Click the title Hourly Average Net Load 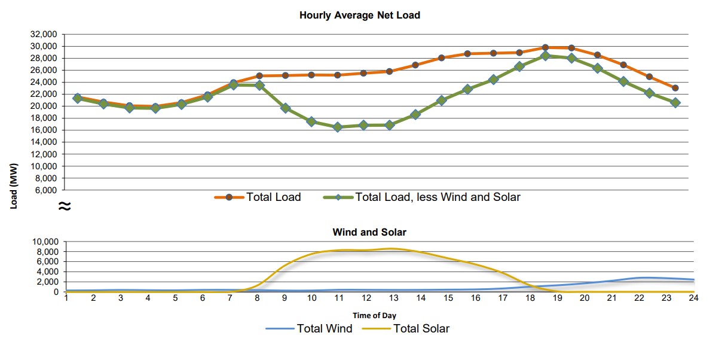(x=360, y=16)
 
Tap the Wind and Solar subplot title (x=369, y=232)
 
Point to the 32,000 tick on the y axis (x=44, y=34)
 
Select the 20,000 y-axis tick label (x=44, y=106)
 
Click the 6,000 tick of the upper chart (x=47, y=190)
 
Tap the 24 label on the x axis (x=693, y=298)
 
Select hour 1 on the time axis (x=66, y=298)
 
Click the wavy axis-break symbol (x=64, y=207)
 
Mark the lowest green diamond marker (x=338, y=127)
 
